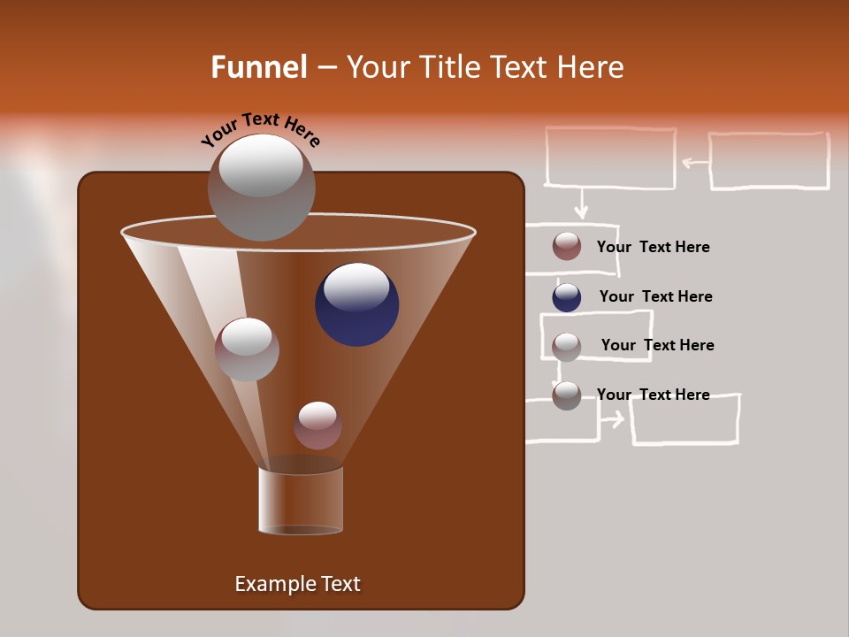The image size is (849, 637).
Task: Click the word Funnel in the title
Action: (258, 67)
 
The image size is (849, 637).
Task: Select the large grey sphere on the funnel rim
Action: (261, 188)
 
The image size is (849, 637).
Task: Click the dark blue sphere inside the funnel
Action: (356, 303)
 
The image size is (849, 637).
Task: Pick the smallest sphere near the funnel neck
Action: (317, 425)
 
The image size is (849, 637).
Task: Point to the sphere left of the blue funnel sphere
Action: (247, 349)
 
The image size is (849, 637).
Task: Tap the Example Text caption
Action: (297, 584)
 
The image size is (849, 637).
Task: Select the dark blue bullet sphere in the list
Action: (567, 297)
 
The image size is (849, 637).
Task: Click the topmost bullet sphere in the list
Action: (567, 247)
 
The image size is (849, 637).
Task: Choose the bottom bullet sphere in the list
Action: (567, 395)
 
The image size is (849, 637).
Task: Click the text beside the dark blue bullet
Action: (655, 296)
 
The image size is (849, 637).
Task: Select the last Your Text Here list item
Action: (653, 395)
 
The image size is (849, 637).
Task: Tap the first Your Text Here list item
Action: (653, 247)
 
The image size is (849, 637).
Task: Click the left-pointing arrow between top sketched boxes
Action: (695, 162)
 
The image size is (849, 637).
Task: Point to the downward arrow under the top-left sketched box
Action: (580, 204)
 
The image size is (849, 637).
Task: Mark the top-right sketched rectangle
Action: (769, 161)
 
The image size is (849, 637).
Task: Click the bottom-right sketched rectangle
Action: (685, 419)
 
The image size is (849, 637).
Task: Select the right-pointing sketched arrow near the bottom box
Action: (612, 418)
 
